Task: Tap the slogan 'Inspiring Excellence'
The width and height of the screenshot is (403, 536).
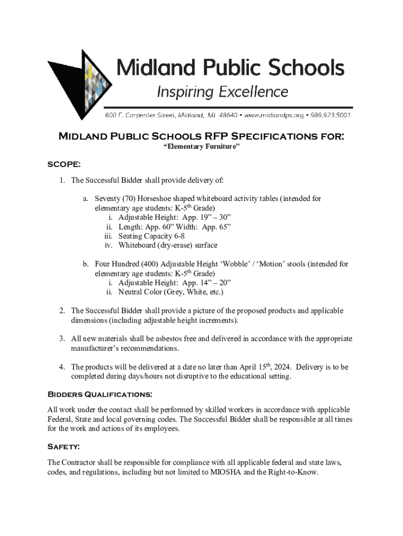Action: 222,92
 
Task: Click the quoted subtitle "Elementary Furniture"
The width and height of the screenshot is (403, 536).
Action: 201,147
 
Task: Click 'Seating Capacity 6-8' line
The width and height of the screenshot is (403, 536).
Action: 151,236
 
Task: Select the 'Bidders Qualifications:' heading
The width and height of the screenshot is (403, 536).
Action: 100,394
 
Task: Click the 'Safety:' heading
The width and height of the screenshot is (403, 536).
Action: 64,446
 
